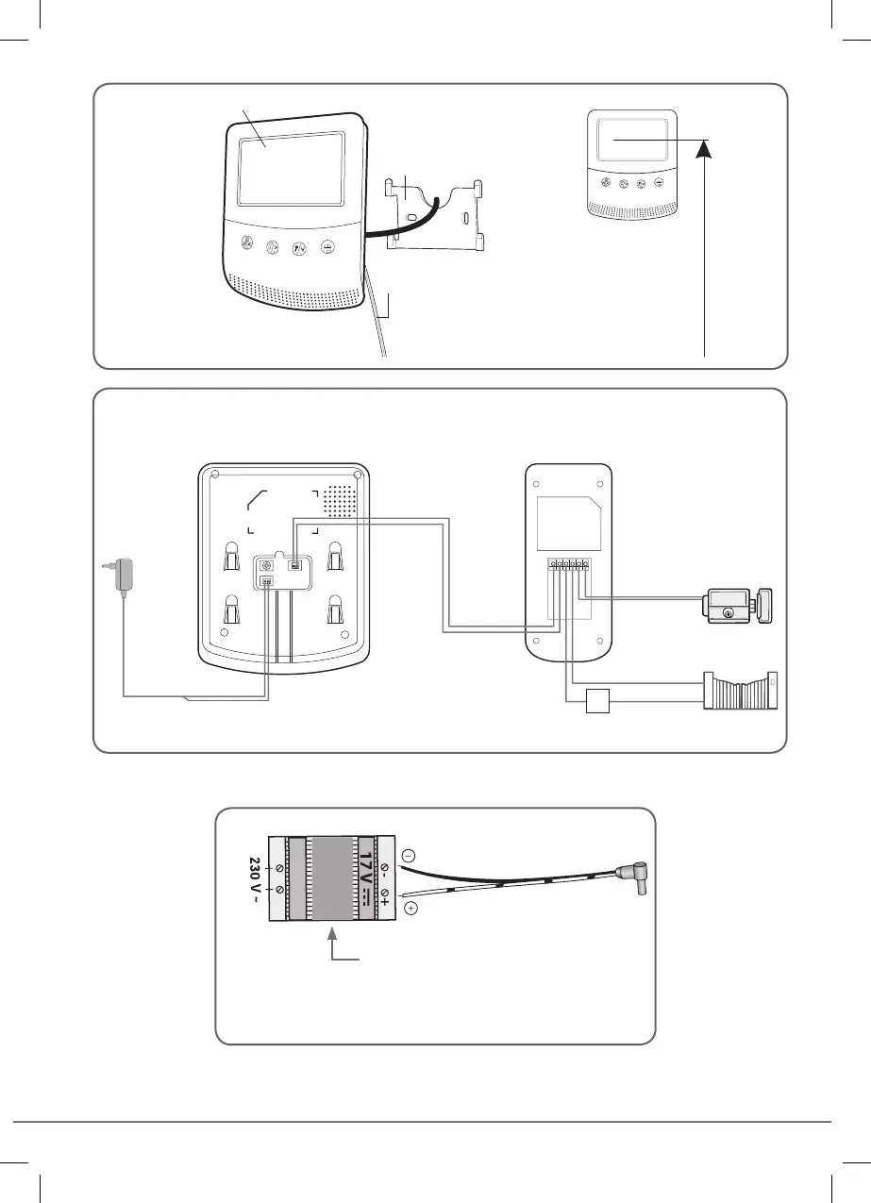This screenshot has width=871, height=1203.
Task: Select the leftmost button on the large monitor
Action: [245, 248]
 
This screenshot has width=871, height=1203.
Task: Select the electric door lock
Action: [737, 604]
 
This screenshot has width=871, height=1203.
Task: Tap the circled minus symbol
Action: [408, 855]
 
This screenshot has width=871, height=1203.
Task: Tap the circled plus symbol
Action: [410, 910]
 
